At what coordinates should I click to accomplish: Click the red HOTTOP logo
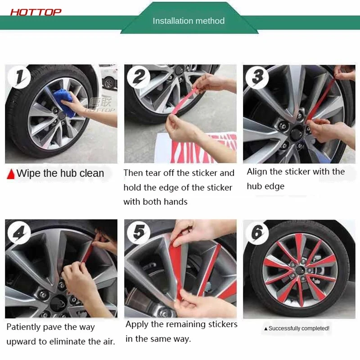[x=36, y=12]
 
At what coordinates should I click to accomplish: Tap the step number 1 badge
[x=19, y=77]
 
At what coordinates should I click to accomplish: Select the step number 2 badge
[x=139, y=76]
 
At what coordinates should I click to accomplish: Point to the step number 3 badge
[x=257, y=77]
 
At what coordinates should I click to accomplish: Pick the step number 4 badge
[x=19, y=233]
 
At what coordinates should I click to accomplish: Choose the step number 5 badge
[x=139, y=232]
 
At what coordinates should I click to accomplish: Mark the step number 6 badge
[x=257, y=233]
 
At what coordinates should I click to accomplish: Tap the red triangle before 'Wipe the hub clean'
[x=11, y=174]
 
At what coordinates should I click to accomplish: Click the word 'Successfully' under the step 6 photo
[x=284, y=328]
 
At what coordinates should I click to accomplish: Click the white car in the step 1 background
[x=108, y=77]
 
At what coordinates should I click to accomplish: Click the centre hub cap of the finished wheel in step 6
[x=299, y=269]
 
